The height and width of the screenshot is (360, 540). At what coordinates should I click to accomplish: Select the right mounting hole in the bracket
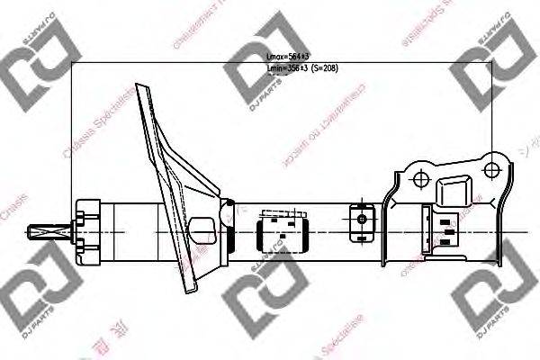point(491,168)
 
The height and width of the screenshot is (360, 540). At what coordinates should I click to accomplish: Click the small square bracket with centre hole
point(361,219)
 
